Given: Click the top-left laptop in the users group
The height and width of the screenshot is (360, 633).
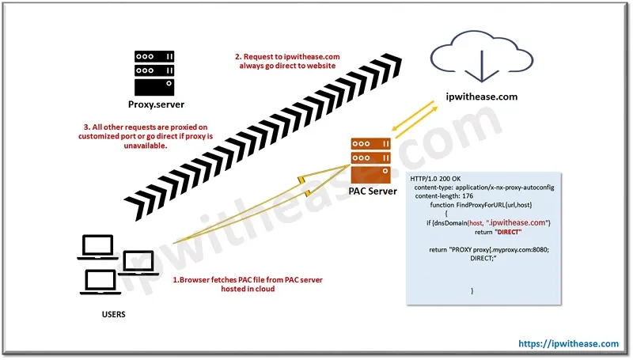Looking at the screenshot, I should (97, 248).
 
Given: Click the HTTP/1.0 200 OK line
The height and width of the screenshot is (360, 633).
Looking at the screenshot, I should (440, 178).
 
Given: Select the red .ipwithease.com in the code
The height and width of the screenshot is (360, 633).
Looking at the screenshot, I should (517, 223).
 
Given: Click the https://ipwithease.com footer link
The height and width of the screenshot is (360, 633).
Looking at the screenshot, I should (568, 343).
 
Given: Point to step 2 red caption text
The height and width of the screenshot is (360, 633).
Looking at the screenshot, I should (286, 61).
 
